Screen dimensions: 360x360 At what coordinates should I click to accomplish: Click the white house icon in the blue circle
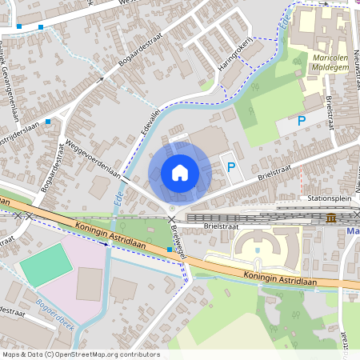[x=180, y=172]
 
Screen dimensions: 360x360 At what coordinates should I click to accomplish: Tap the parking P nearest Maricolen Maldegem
[x=302, y=122]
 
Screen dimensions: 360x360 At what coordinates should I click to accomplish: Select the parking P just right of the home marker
[x=231, y=167]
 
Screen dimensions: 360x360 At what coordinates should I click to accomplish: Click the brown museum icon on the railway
[x=331, y=218]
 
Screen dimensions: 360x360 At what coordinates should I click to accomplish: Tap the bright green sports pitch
[x=46, y=265]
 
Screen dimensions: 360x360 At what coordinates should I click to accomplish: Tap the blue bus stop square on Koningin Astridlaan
[x=170, y=250]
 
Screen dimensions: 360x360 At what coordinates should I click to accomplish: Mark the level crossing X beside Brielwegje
[x=170, y=218]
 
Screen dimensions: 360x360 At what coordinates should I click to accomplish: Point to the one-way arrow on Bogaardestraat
[x=101, y=79]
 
